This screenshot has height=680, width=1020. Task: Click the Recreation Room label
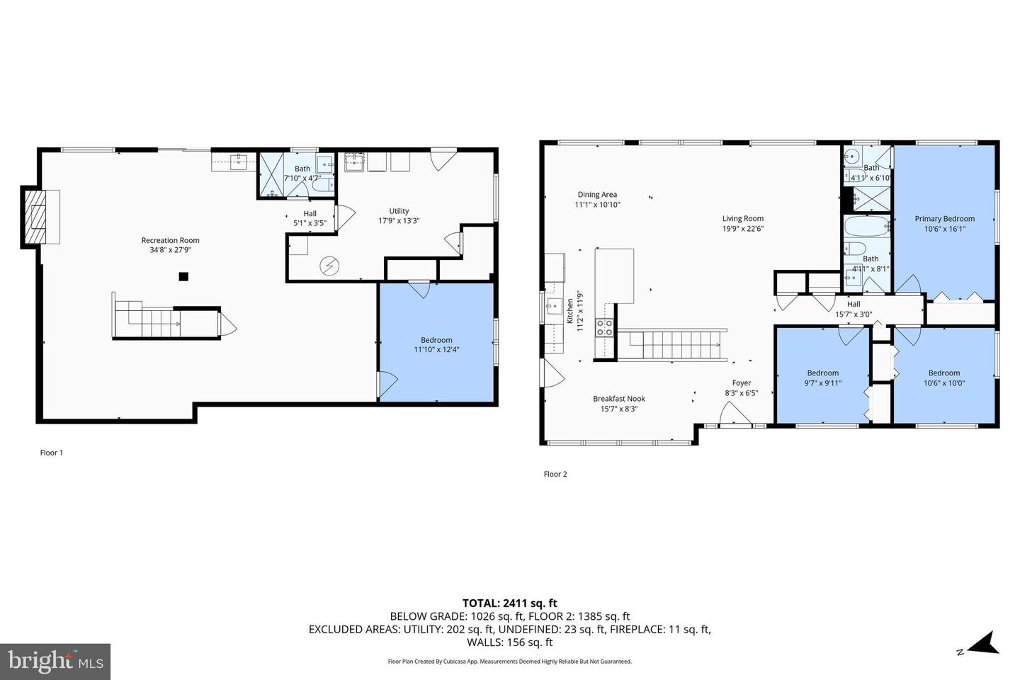pos(170,240)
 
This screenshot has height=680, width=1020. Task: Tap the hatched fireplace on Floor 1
pos(35,217)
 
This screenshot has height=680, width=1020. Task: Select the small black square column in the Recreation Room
pos(183,276)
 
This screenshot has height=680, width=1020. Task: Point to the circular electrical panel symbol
pos(329,266)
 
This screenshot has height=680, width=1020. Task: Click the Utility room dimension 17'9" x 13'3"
pos(399,221)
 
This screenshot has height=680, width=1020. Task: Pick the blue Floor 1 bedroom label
pos(436,340)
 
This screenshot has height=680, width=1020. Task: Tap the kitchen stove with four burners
pos(604,327)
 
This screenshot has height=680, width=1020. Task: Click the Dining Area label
pos(597,195)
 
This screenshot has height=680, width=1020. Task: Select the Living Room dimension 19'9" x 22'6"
pos(742,229)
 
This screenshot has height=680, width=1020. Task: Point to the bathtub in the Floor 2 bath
pos(867,226)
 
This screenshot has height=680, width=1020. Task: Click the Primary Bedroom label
pos(944,219)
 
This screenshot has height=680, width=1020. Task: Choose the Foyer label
pos(742,383)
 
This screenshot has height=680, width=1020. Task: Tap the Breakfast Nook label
pos(619,399)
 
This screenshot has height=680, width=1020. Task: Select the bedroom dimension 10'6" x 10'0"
pos(944,383)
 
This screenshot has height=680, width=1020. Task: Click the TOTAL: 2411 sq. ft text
pos(509,603)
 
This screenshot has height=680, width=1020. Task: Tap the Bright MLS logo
pos(55,662)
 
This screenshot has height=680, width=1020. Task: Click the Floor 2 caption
pos(555,474)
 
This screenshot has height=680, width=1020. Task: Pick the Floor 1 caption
pos(52,453)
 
